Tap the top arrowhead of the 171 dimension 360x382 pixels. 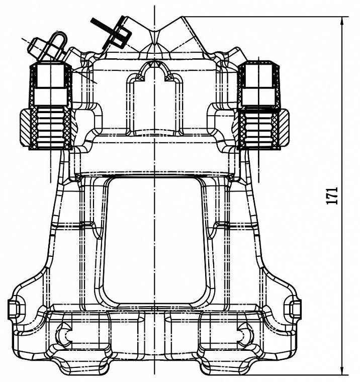342,21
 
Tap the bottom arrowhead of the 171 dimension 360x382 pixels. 342,371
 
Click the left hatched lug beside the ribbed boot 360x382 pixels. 25,127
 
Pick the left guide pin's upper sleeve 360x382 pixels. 50,84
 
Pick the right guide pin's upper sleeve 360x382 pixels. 259,84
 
